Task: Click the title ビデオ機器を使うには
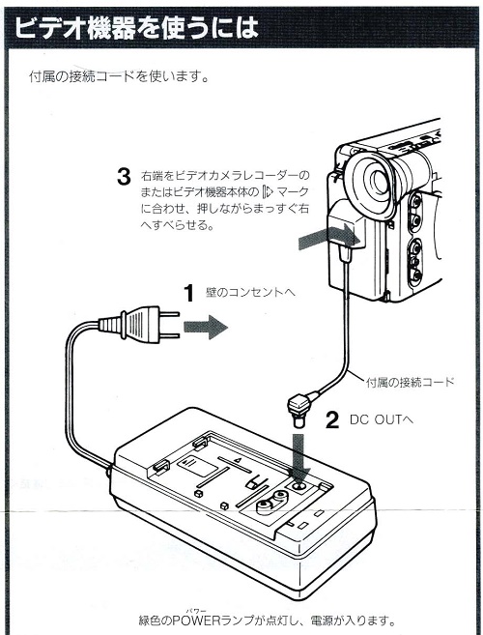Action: click(x=136, y=29)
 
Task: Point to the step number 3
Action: click(x=123, y=177)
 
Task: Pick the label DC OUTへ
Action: click(x=380, y=420)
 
